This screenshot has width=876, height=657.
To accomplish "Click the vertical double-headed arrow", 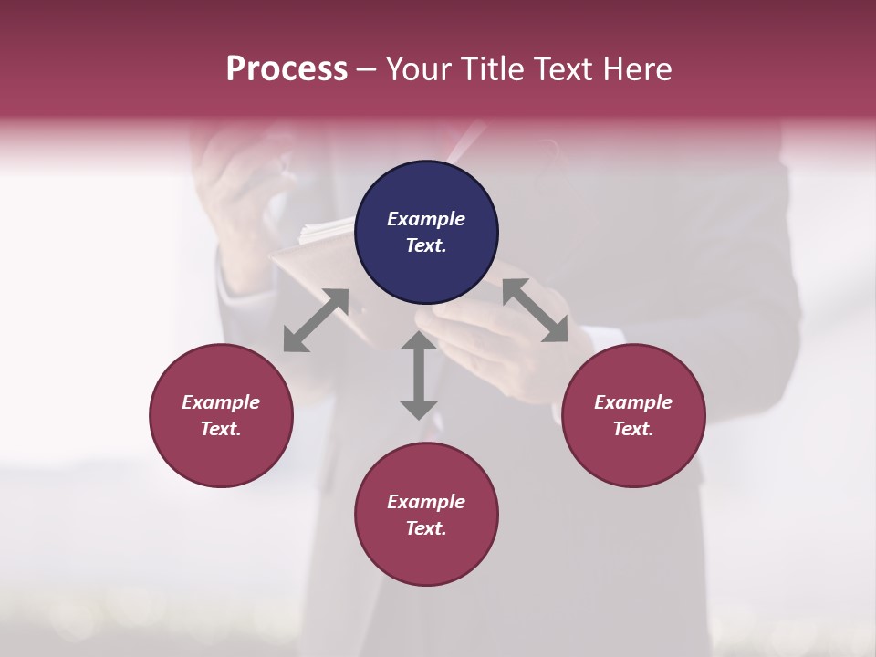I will [x=419, y=375].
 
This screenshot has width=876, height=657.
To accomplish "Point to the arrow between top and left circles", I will [x=316, y=320].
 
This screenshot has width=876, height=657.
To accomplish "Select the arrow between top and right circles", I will [x=536, y=310].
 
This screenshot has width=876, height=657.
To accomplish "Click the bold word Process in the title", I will [x=287, y=69].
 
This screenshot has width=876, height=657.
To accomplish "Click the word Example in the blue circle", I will [x=426, y=219].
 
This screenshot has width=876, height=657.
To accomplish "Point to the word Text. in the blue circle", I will [x=426, y=245].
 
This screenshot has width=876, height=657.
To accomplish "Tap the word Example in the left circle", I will [x=221, y=402].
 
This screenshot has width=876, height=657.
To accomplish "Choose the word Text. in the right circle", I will [x=633, y=429].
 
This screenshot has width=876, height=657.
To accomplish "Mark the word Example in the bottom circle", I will [x=426, y=502].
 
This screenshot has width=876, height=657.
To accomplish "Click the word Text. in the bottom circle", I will [x=426, y=528].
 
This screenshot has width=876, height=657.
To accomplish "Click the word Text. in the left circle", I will [x=221, y=429].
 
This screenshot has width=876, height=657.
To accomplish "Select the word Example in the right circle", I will [x=633, y=402].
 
